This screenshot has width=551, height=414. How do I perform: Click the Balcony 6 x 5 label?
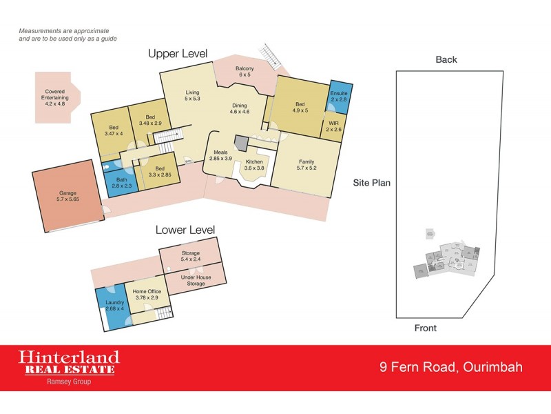[x=245, y=71]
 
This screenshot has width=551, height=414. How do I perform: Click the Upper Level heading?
[x=178, y=54]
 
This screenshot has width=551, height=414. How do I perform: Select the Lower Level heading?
[x=185, y=230]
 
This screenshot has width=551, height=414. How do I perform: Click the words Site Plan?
[x=372, y=184]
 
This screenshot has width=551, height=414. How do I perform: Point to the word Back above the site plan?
[x=446, y=60]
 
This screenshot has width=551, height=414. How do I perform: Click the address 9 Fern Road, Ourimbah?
[x=452, y=366]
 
